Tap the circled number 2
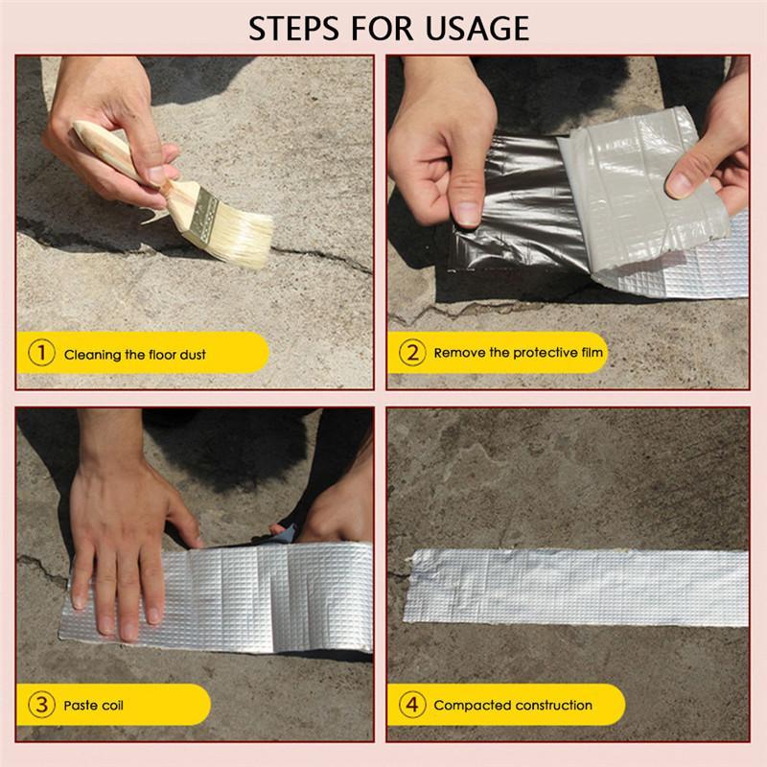coord(410,353)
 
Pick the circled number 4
coord(410,706)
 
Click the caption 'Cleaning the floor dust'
coord(134,355)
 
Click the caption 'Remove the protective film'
coord(519,353)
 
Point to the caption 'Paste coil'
coord(94,707)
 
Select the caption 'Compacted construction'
coord(513,706)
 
